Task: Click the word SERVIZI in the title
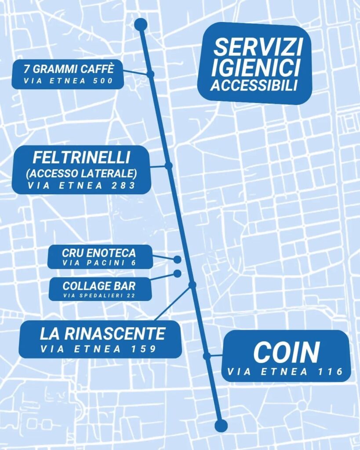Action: tap(255, 47)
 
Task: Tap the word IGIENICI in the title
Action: tap(255, 67)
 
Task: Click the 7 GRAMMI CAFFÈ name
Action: tap(68, 69)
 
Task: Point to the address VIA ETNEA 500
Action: tap(68, 81)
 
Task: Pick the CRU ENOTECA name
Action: tap(99, 253)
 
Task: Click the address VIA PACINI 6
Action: tap(99, 263)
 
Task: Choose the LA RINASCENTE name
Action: tap(102, 334)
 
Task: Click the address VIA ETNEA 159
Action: tap(98, 349)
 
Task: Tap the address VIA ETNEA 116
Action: tap(285, 372)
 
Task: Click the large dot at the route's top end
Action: tap(141, 25)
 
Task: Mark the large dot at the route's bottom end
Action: tap(221, 425)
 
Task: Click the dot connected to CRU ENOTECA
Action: tap(178, 259)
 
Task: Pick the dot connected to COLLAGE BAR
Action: tap(178, 273)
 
